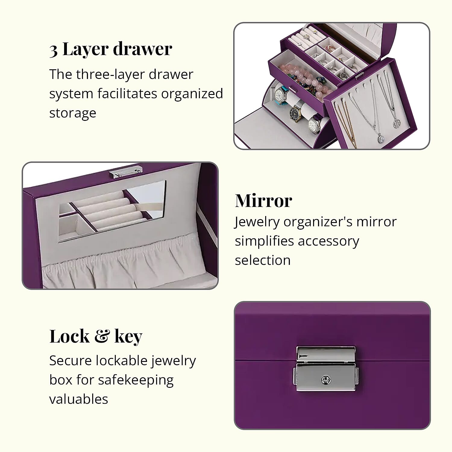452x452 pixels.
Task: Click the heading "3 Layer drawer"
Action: [x=111, y=49]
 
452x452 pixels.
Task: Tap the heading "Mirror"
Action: [x=263, y=201]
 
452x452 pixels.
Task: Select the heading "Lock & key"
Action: [x=96, y=336]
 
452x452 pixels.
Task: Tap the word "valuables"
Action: [x=79, y=399]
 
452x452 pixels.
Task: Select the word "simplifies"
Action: [x=264, y=241]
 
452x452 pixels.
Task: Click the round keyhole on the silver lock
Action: [x=326, y=380]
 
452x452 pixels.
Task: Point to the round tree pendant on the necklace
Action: [x=397, y=123]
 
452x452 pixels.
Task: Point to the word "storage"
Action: [x=73, y=113]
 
